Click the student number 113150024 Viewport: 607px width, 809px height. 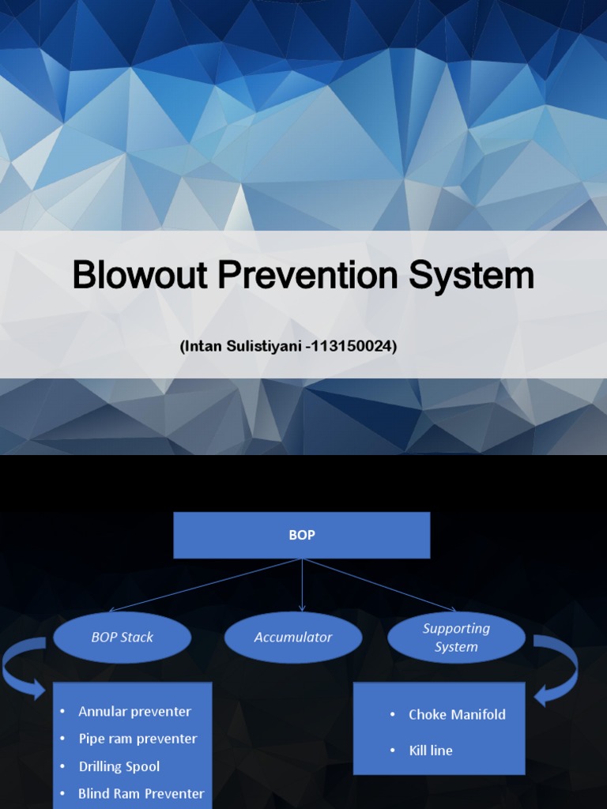351,346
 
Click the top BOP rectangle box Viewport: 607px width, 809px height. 302,535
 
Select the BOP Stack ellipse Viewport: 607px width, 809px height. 123,637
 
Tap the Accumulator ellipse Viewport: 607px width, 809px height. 293,637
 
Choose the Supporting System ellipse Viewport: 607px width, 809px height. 456,638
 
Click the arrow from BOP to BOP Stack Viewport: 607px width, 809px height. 205,585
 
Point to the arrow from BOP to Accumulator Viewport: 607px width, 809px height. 302,585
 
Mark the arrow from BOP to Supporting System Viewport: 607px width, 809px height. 379,585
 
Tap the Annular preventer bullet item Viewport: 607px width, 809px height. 134,711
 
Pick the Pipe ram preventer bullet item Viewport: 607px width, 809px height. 138,739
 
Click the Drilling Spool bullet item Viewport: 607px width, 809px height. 119,766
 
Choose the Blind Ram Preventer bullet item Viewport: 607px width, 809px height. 141,793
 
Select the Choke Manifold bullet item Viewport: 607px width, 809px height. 457,714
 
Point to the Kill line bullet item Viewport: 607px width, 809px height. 431,751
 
